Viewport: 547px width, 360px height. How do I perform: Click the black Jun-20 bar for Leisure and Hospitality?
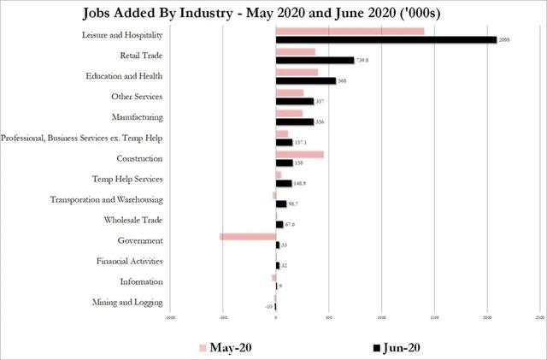(x=385, y=39)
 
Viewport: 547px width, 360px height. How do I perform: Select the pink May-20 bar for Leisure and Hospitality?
(x=350, y=31)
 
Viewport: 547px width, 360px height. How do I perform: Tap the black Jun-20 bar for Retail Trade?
(x=315, y=60)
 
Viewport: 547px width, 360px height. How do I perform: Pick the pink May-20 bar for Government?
(x=247, y=236)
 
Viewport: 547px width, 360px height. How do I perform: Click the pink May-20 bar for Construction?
(x=299, y=154)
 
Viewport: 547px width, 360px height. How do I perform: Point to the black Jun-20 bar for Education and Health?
(x=306, y=80)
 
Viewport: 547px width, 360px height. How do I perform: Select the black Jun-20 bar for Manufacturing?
(x=294, y=121)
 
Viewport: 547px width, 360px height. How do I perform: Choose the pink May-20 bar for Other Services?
(x=290, y=92)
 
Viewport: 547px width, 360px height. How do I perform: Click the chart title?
(x=273, y=12)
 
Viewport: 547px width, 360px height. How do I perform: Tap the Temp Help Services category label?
(x=126, y=179)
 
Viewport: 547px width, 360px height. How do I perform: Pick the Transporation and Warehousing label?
(x=119, y=199)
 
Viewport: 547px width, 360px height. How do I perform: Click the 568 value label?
(x=342, y=80)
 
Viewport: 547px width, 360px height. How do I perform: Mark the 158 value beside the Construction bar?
(x=299, y=162)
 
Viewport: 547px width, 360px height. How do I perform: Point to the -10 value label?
(x=268, y=306)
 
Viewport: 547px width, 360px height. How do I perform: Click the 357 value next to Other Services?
(x=320, y=101)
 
